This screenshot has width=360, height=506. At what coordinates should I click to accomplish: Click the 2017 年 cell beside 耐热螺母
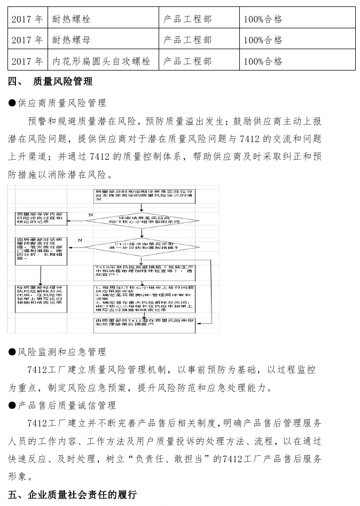tap(27, 40)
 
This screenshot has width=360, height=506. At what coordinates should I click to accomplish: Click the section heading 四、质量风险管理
tap(51, 82)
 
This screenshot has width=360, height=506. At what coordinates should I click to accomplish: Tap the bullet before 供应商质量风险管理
tap(12, 103)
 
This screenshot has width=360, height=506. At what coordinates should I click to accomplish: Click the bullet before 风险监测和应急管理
tap(12, 352)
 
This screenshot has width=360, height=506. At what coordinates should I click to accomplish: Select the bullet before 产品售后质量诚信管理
tap(12, 406)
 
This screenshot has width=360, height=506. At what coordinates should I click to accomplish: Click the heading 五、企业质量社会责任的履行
tap(73, 494)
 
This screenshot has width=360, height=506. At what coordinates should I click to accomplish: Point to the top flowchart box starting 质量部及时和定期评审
tap(143, 194)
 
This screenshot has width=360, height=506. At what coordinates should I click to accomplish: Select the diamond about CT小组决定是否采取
tap(143, 247)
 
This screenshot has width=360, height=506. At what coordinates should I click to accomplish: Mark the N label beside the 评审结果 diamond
tap(90, 214)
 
